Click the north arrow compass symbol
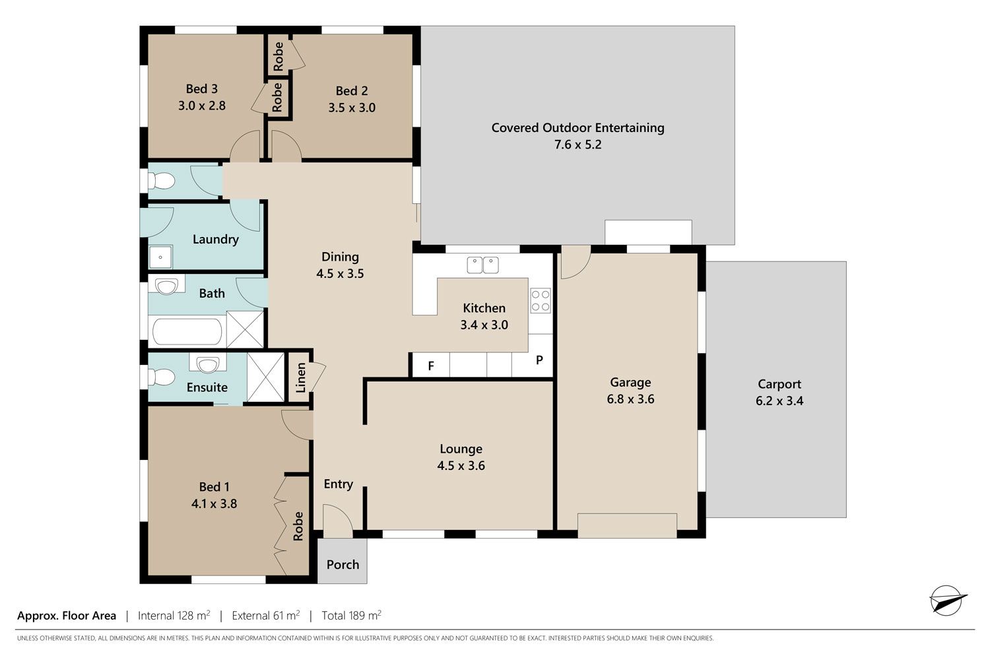946,601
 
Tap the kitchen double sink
482,265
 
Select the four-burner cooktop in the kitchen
540,300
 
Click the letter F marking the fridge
431,366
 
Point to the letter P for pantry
539,360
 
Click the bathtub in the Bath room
187,331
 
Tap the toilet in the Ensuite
160,377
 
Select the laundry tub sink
160,257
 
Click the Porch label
343,564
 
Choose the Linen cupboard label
301,378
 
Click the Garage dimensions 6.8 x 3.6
630,399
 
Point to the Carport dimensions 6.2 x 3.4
779,401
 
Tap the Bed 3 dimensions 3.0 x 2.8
201,106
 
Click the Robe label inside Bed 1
298,526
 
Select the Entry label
338,484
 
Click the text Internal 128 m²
174,615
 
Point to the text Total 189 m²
351,615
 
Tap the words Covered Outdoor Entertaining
577,128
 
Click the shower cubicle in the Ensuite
265,377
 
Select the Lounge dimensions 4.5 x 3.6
461,465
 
